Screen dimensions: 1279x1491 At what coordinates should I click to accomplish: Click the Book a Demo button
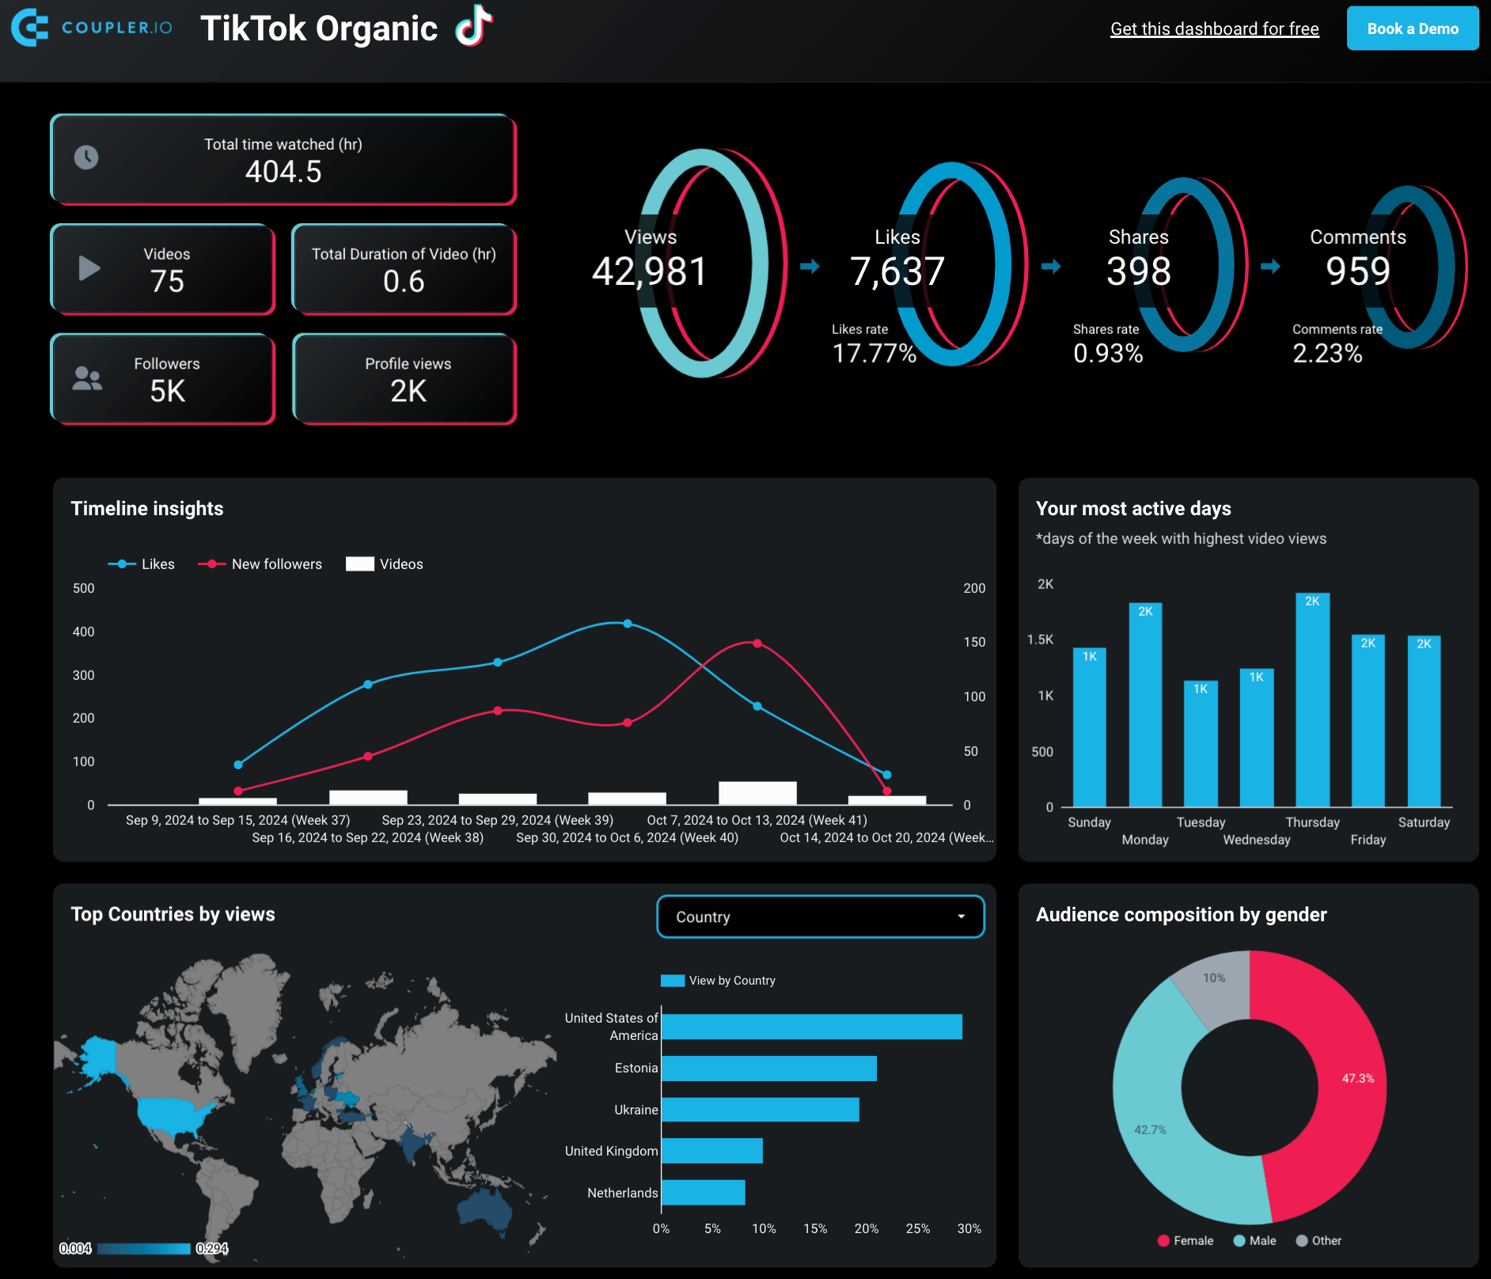point(1412,28)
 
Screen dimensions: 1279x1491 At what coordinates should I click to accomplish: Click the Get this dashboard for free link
point(1214,29)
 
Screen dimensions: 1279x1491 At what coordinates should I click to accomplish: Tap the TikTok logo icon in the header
point(473,26)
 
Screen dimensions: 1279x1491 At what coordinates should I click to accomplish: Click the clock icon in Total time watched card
point(86,158)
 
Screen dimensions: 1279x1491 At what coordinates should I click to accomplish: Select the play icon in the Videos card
point(89,268)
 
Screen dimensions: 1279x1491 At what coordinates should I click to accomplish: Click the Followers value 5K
point(167,391)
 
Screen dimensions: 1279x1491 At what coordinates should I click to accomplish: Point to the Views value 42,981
point(649,271)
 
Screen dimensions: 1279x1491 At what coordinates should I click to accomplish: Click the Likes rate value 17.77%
point(874,353)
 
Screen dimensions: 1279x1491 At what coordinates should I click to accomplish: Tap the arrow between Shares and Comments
point(1270,267)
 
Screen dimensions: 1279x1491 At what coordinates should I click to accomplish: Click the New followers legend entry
point(261,564)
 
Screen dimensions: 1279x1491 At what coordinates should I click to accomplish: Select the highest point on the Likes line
point(627,624)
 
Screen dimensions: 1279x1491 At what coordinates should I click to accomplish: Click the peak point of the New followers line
point(757,643)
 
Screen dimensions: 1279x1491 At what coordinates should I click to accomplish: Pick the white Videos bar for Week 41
point(757,793)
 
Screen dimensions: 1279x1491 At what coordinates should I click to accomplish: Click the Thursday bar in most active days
point(1312,700)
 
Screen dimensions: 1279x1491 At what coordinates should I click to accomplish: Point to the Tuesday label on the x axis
point(1200,822)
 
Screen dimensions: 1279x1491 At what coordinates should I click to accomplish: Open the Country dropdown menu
point(820,917)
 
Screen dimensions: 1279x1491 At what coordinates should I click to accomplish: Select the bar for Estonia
point(768,1068)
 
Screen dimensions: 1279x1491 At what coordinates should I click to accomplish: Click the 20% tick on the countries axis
point(866,1228)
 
